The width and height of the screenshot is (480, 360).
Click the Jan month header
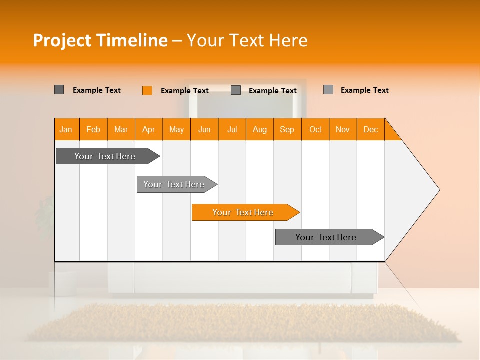pos(66,129)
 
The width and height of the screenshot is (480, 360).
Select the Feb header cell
pos(93,129)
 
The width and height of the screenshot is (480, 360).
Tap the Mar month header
pos(121,129)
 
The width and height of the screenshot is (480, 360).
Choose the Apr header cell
pos(149,129)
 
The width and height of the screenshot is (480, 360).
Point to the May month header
pos(176,129)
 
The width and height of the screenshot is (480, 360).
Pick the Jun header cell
pos(204,129)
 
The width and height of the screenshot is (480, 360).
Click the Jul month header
pos(232,129)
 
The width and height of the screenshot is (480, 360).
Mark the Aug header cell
pos(260,129)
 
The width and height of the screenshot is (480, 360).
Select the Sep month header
pos(287,129)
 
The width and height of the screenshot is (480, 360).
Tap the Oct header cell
pos(315,129)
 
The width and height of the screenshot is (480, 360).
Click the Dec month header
pos(371,129)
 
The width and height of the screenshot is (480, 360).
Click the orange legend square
pos(147,90)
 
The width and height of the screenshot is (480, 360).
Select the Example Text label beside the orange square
pos(185,91)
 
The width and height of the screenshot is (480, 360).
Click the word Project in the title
pos(62,40)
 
